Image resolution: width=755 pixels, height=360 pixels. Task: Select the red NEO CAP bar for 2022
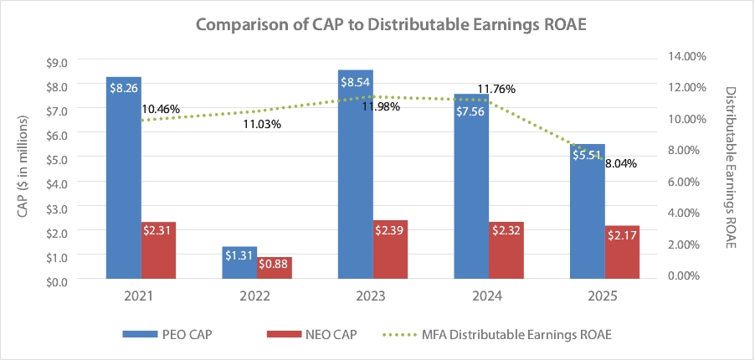[275, 268]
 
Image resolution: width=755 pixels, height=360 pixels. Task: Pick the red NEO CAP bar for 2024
[506, 250]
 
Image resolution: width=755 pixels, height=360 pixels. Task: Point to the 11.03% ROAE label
[262, 124]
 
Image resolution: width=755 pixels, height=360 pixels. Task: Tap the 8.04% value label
[620, 163]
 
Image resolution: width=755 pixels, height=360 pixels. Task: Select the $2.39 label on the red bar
[391, 230]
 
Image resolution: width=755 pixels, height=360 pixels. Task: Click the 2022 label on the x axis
[256, 297]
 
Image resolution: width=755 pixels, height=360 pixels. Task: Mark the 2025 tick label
[603, 297]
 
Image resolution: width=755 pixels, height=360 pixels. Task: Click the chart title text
[377, 24]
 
